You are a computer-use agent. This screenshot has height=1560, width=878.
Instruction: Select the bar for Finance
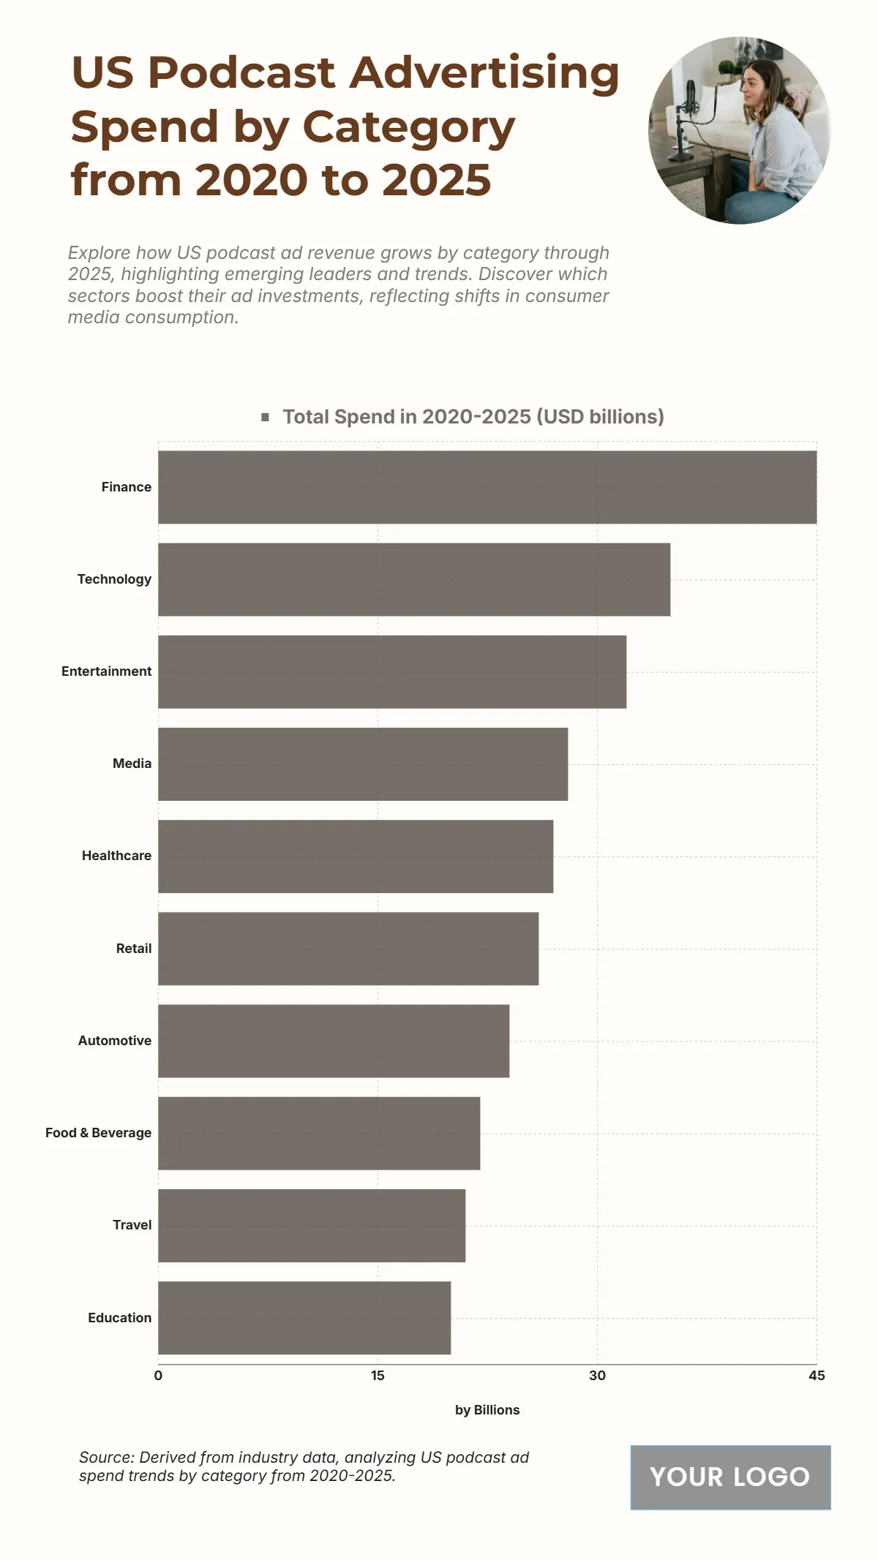(487, 487)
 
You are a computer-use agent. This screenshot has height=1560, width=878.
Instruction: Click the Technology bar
(414, 579)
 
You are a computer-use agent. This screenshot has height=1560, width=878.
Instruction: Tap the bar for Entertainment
(392, 671)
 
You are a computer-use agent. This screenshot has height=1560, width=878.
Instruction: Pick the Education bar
(304, 1318)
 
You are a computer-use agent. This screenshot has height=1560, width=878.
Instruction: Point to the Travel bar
(312, 1225)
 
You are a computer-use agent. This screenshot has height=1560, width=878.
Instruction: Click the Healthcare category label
(116, 856)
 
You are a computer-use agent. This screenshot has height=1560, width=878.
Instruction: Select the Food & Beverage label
(98, 1133)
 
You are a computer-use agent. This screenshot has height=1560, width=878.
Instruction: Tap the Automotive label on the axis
(115, 1040)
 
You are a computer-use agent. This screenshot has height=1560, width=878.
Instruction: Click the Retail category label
(134, 949)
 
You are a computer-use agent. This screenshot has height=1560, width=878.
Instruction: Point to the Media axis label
(132, 764)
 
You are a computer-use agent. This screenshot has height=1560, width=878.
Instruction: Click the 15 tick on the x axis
(378, 1376)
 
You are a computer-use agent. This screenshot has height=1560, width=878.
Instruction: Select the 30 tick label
(597, 1376)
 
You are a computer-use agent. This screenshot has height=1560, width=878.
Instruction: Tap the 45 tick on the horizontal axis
(817, 1376)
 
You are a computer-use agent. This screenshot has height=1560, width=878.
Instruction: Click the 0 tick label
(158, 1376)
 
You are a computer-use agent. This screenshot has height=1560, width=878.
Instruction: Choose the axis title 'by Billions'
(487, 1410)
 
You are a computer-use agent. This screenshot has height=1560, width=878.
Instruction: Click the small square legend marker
(266, 417)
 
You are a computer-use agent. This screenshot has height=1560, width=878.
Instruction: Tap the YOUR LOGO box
(730, 1477)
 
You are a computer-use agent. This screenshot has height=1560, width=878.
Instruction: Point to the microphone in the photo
(689, 99)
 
